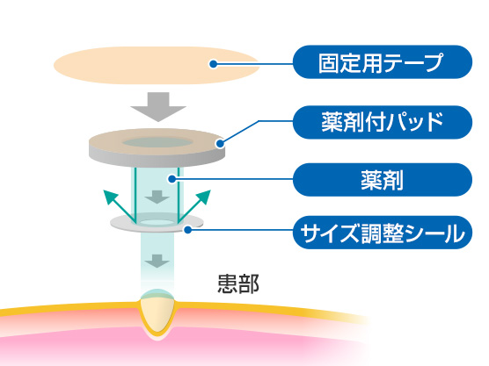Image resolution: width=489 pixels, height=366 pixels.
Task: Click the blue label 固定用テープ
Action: tap(383, 62)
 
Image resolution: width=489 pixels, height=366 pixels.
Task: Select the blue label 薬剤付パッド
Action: tap(383, 122)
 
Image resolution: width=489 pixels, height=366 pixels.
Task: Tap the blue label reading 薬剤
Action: tap(383, 180)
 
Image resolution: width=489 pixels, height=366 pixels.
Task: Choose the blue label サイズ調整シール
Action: tap(383, 233)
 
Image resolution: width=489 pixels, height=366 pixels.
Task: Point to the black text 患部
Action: tap(238, 283)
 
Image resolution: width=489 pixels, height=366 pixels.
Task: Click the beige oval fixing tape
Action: tap(157, 65)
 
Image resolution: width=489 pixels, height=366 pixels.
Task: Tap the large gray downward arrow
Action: tap(158, 107)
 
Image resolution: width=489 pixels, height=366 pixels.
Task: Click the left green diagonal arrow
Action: tap(120, 206)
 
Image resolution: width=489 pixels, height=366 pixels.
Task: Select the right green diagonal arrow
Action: tap(194, 206)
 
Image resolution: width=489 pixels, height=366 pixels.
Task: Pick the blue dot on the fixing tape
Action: tap(214, 64)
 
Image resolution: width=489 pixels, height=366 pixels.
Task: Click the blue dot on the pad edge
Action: tap(221, 143)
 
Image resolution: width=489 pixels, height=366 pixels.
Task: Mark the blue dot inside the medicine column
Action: tap(172, 179)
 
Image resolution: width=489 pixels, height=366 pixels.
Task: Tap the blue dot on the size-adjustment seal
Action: tap(187, 230)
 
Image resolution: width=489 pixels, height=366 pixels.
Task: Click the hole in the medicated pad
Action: tap(157, 142)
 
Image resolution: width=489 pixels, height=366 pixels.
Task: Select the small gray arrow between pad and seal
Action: tap(157, 197)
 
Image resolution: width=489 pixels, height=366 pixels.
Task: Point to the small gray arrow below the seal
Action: tap(157, 261)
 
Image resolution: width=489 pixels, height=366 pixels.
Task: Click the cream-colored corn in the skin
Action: tap(157, 312)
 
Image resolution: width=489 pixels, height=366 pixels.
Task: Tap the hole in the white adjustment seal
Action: tap(157, 222)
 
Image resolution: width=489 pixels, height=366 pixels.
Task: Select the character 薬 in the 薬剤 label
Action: tap(372, 180)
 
